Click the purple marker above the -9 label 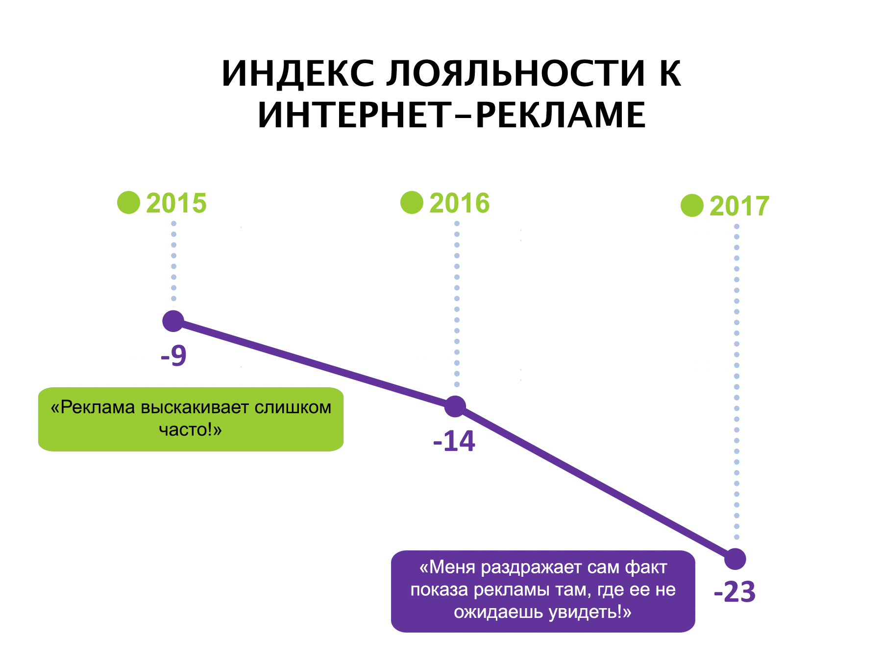click(x=173, y=321)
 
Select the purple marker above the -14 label click(x=455, y=406)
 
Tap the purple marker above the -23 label click(x=735, y=559)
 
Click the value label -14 click(x=454, y=441)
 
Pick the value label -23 click(x=735, y=591)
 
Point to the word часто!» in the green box click(x=191, y=430)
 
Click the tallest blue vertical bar click(x=733, y=372)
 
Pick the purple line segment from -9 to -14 click(x=314, y=364)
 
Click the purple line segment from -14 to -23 click(x=595, y=483)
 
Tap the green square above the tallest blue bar click(x=692, y=206)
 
